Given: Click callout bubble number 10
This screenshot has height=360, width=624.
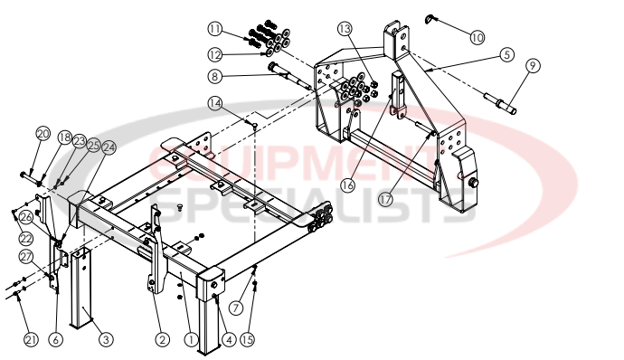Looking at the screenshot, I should coord(477,37).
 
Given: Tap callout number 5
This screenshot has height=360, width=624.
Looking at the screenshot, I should coord(507,54).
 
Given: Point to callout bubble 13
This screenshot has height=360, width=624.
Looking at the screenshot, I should coord(347,29).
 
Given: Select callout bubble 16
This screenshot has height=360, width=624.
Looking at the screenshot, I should coord(346,185).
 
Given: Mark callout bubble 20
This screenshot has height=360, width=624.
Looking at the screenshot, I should coord(43,133).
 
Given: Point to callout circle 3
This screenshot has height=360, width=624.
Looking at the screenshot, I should coord(106,339).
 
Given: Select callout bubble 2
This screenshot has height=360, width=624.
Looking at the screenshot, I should coord(163,339).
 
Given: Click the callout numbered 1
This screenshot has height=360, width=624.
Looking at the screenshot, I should coord(191,339).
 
